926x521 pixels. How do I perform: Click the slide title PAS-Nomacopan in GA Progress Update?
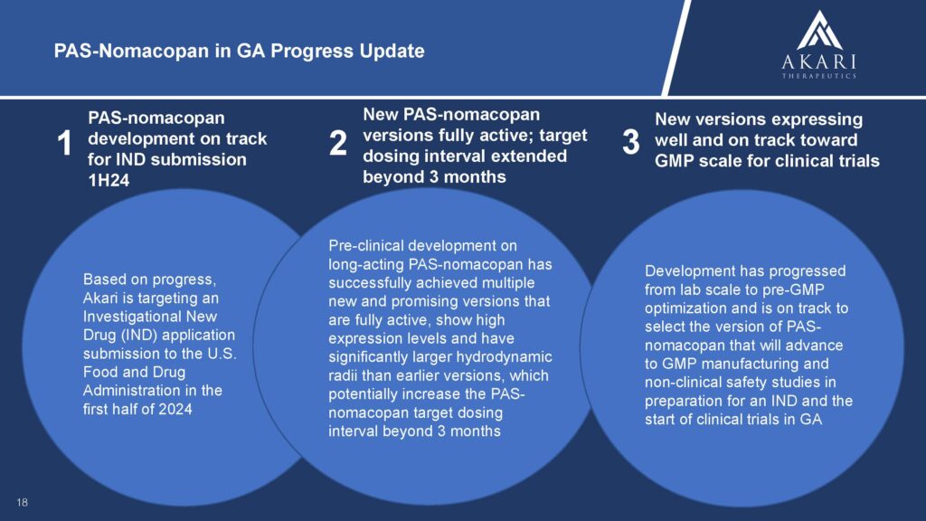click(x=239, y=51)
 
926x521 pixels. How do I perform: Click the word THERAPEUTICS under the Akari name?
click(x=819, y=76)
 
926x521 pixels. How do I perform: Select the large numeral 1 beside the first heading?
click(x=64, y=144)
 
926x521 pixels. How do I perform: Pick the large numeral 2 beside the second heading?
click(x=338, y=143)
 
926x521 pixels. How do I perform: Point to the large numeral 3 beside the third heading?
click(x=630, y=142)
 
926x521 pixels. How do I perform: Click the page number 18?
click(x=23, y=503)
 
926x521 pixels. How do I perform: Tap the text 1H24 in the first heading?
click(x=109, y=180)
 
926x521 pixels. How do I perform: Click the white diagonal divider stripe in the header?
click(x=677, y=48)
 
